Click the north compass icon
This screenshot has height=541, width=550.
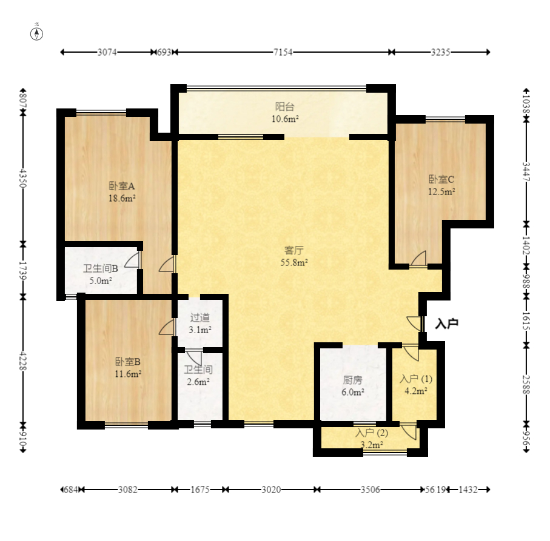click(37, 34)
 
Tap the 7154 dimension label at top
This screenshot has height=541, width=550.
click(283, 52)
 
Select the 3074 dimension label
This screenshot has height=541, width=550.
click(107, 52)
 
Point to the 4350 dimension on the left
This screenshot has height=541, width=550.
click(23, 178)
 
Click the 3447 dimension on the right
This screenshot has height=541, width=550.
click(526, 171)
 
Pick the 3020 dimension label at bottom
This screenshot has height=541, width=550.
click(271, 490)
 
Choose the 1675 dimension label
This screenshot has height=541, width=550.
click(200, 490)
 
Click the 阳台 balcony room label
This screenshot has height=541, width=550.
click(284, 106)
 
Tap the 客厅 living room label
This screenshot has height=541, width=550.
click(294, 250)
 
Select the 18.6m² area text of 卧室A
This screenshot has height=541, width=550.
click(122, 198)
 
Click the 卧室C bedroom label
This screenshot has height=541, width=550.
click(441, 179)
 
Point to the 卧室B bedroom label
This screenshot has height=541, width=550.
click(128, 362)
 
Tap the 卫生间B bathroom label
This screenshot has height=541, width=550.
click(100, 269)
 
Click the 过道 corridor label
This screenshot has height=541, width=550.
click(200, 317)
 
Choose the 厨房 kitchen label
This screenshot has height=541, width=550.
click(352, 380)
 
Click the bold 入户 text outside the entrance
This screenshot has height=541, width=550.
click(447, 324)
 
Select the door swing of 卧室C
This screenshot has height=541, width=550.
click(418, 259)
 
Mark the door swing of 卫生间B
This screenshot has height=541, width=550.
click(132, 260)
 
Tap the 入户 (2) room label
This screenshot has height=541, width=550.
click(372, 433)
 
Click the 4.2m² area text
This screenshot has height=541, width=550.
click(416, 391)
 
